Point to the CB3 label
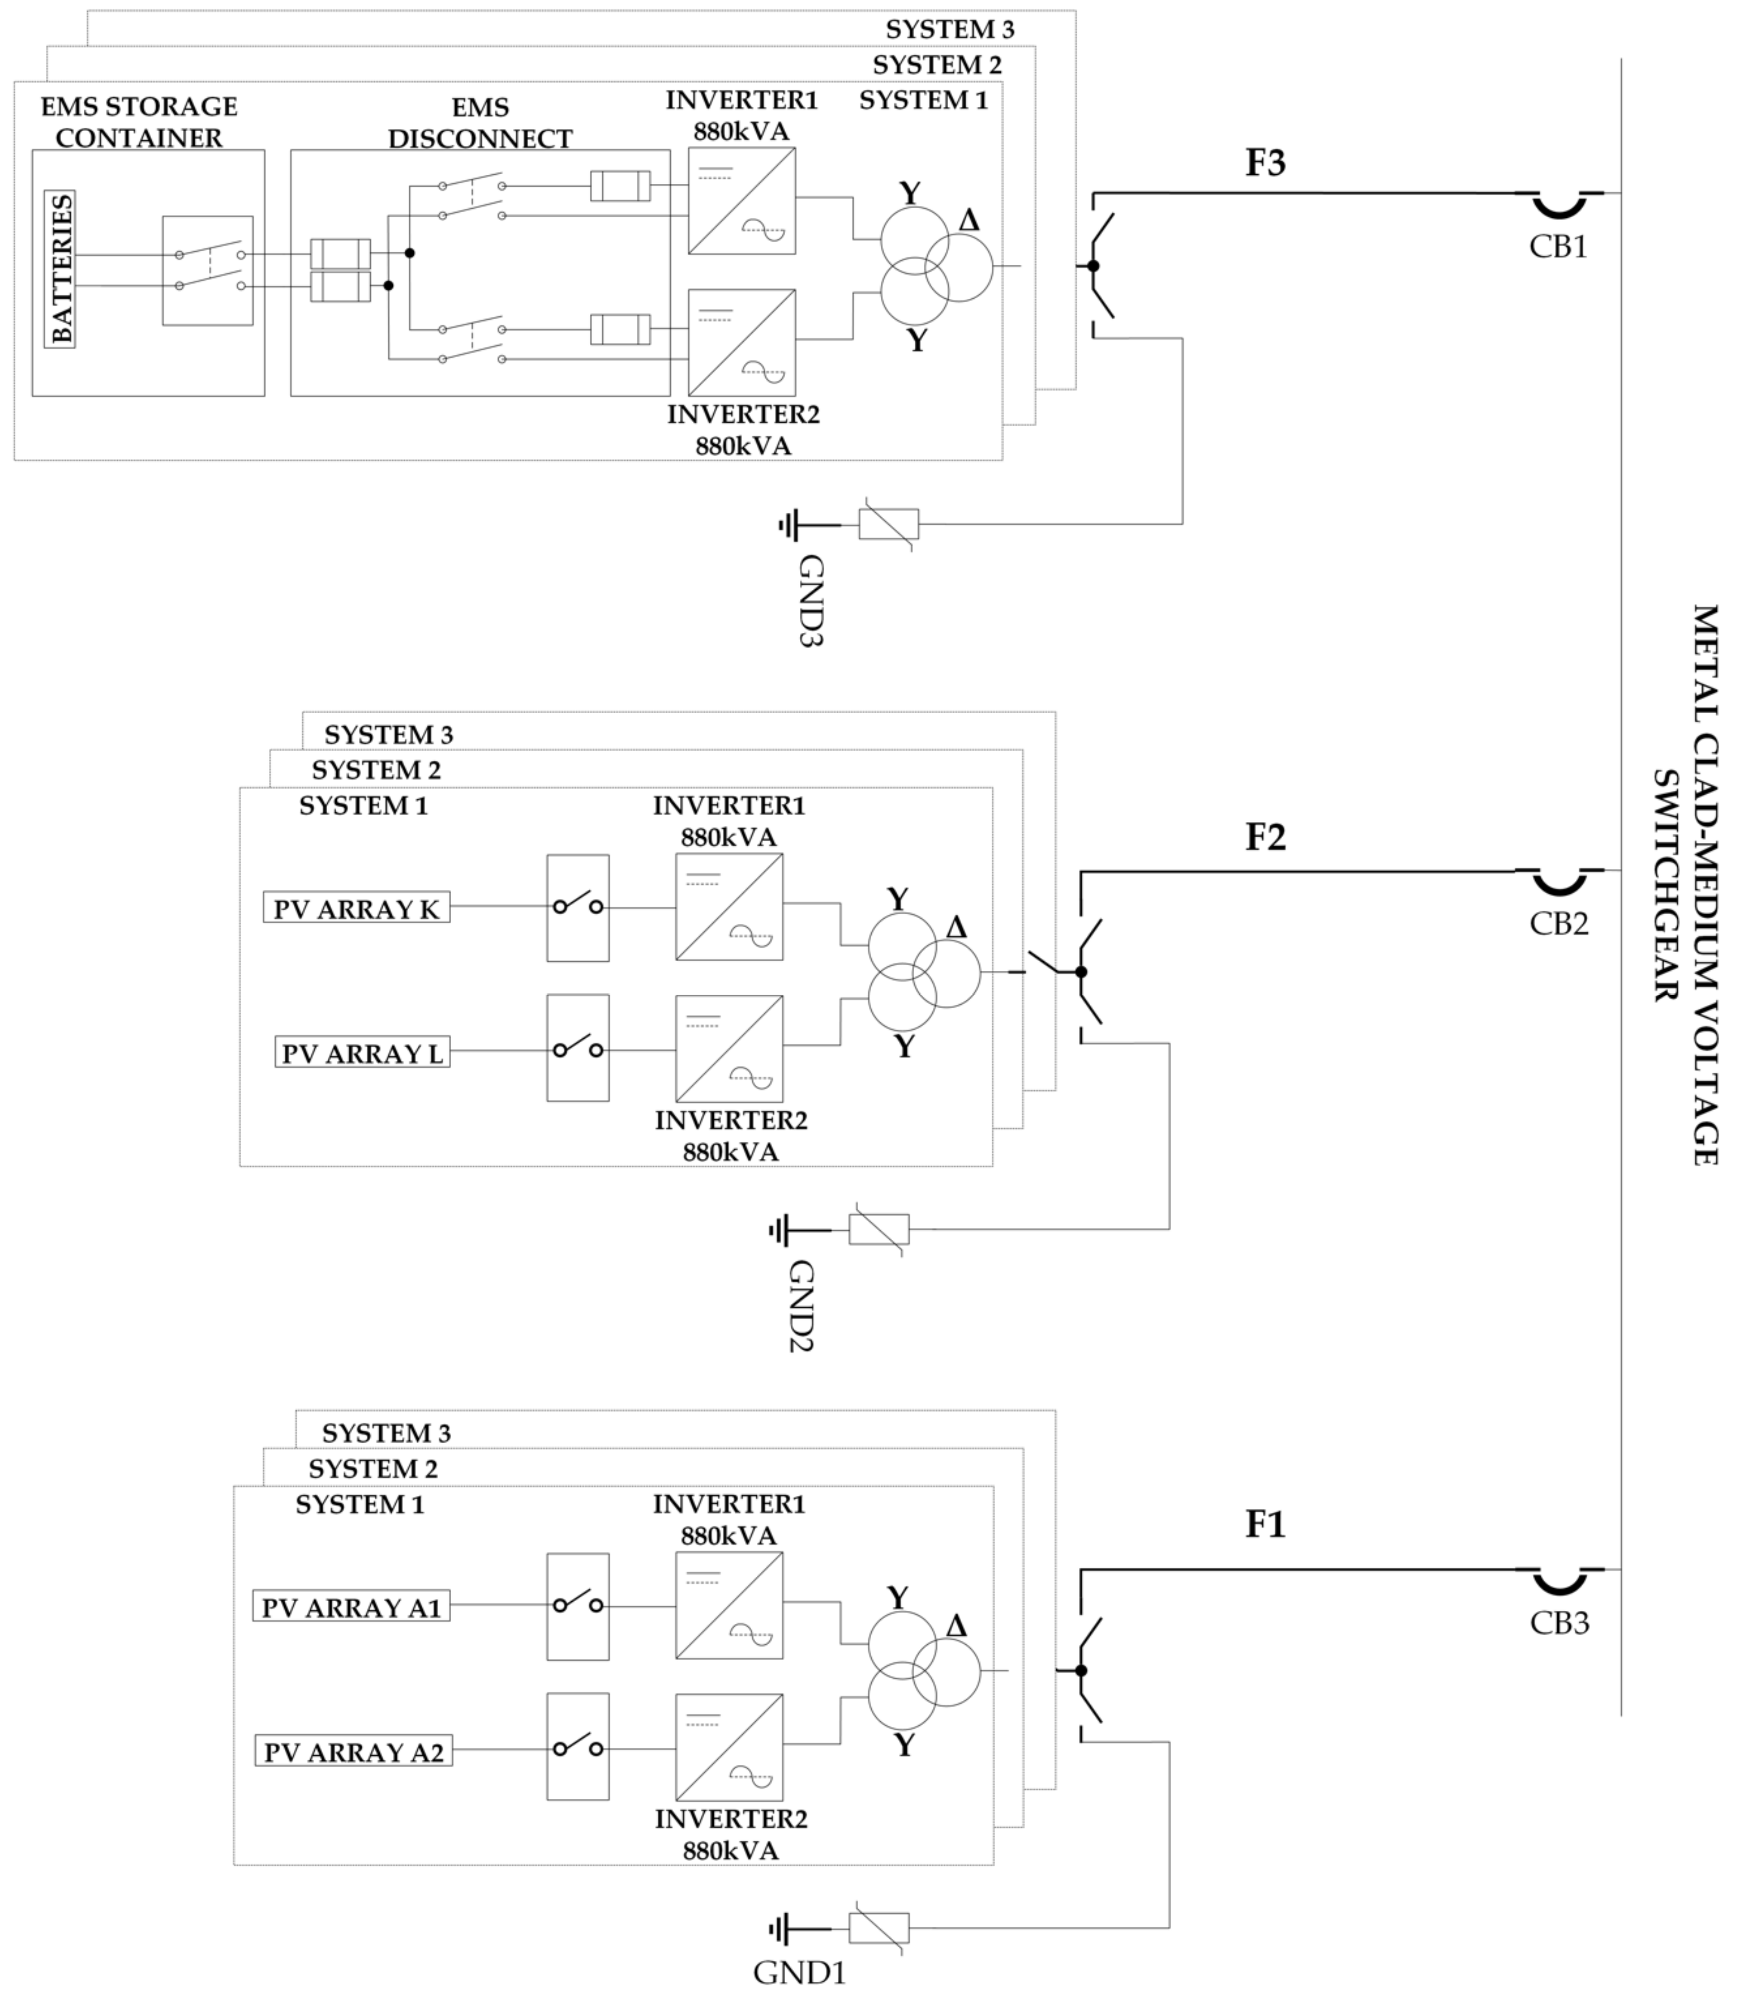coord(1559,1623)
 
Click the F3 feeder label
coord(1265,163)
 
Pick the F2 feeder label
coord(1265,837)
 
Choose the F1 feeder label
coord(1265,1525)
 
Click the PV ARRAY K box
coord(356,909)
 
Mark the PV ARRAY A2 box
coord(353,1752)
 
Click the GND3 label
coord(810,601)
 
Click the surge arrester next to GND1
coord(879,1927)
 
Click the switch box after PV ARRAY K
coord(577,908)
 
